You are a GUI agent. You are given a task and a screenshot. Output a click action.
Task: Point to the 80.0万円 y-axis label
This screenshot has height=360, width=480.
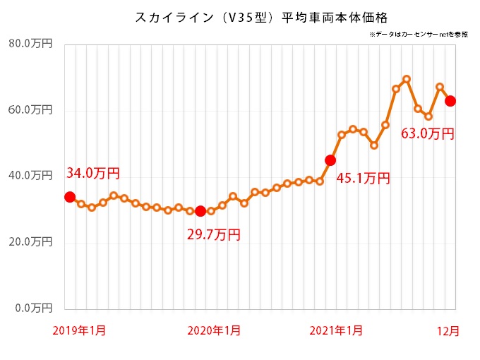[30, 44]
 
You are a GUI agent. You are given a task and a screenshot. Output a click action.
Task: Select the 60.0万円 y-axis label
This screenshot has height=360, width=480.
[30, 110]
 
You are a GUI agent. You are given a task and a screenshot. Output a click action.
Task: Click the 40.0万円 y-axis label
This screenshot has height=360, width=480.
[30, 176]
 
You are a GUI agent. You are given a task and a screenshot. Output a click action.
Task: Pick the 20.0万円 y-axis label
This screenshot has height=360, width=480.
[30, 242]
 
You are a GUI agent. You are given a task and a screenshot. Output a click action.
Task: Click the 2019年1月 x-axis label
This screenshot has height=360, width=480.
[79, 330]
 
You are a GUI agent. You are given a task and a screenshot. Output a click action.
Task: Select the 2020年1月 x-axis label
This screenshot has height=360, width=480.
[213, 330]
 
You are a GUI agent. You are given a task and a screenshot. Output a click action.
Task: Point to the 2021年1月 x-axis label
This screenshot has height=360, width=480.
[336, 330]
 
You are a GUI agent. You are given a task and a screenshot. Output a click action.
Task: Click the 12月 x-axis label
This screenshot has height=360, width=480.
[446, 330]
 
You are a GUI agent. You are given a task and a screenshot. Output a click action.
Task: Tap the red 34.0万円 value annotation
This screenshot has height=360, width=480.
[92, 173]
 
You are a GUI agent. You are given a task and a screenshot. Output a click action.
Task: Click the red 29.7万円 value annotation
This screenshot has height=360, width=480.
[213, 234]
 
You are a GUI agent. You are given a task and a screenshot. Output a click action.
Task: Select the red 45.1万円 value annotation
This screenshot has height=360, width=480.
[363, 178]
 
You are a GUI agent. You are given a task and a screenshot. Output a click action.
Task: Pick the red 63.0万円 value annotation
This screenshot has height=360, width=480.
[427, 133]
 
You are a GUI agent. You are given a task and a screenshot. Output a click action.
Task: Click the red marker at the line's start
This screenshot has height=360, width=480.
[70, 197]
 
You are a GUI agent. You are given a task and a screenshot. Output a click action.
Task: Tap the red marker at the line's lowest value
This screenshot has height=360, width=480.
[200, 211]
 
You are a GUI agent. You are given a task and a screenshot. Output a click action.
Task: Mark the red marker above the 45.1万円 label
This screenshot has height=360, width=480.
[330, 160]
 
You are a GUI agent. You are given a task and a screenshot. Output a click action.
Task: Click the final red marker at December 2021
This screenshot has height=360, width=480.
[450, 101]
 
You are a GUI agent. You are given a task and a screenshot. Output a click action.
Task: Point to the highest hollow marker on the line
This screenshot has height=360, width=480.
[407, 79]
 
